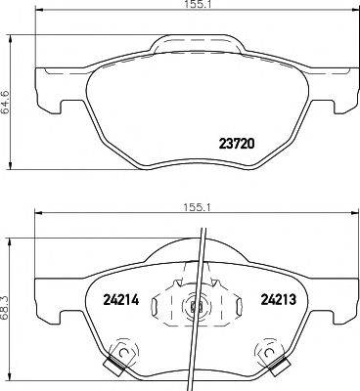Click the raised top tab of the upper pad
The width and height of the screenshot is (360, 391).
(196, 44)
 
